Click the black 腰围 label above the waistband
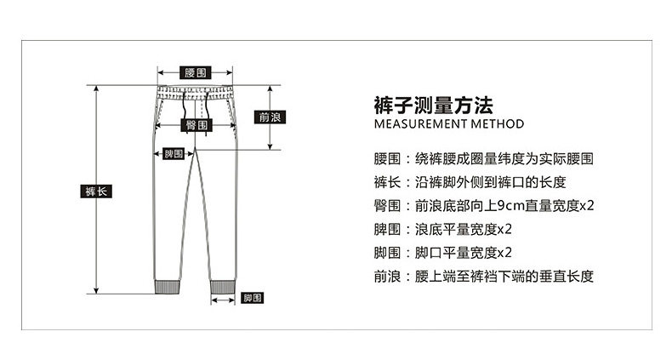[195, 73]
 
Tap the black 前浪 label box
[270, 117]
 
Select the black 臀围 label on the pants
[197, 125]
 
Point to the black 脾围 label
[174, 153]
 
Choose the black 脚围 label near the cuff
[252, 298]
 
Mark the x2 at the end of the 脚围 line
[504, 252]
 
